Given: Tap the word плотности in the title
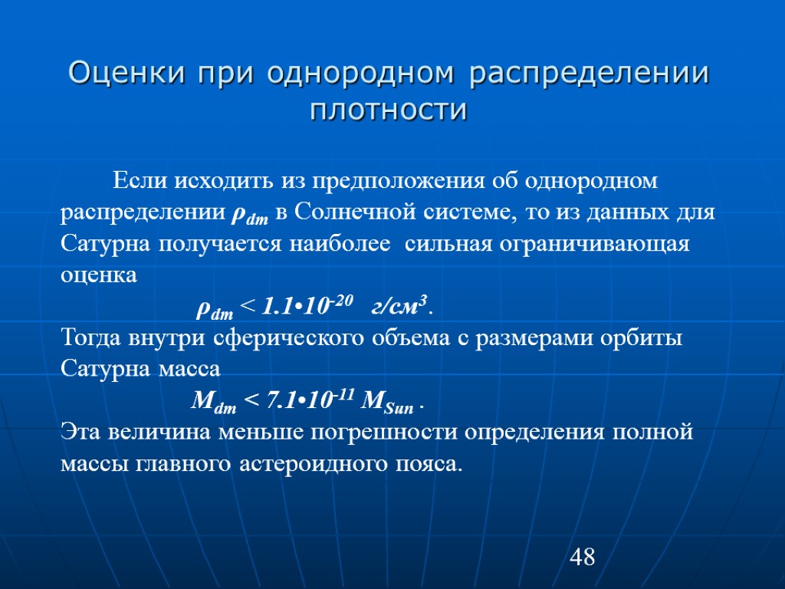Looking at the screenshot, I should pos(389,109).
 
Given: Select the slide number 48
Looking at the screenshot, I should pos(583,557).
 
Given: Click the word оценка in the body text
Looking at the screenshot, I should pos(99,275).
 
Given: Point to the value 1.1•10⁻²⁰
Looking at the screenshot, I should pos(307,307).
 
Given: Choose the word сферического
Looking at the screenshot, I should pos(285,337).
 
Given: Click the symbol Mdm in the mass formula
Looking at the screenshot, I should pos(212,400).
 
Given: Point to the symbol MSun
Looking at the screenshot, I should pos(386,400).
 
